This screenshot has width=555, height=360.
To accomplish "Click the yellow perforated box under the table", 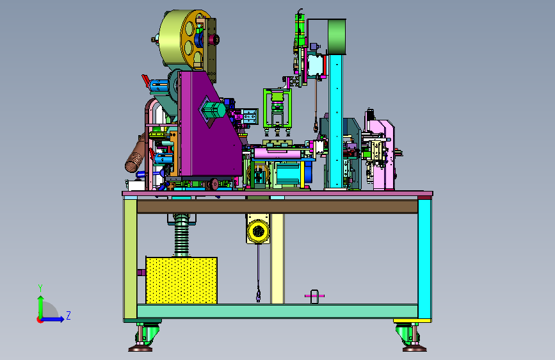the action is click(x=181, y=281).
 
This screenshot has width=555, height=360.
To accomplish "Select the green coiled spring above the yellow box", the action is click(x=182, y=235).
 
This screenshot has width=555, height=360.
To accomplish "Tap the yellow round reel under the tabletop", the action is click(x=258, y=231).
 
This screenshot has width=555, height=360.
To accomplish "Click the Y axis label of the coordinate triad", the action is click(x=40, y=288).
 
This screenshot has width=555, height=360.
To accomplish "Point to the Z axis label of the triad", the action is click(x=68, y=315).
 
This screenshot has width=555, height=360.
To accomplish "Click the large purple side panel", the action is click(x=209, y=127).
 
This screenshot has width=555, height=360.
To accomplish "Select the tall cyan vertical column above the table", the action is click(x=335, y=120).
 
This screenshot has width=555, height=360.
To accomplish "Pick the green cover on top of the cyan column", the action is click(x=336, y=37).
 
